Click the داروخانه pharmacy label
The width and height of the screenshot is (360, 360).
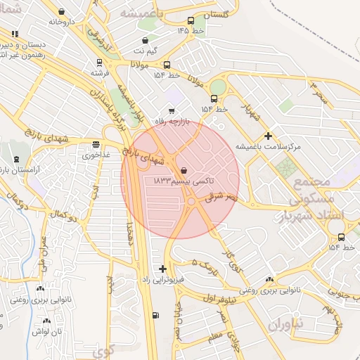(x=61, y=22)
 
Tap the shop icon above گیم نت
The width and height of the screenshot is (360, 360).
(x=146, y=40)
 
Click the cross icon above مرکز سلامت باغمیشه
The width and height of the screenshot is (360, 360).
(x=267, y=136)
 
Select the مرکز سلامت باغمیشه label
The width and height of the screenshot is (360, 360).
(x=267, y=146)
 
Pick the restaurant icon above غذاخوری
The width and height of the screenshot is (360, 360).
(x=95, y=146)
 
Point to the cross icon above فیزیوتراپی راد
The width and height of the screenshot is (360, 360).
(x=163, y=269)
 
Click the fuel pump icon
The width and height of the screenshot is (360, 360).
(x=155, y=315)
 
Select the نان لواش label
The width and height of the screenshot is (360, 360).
(x=51, y=330)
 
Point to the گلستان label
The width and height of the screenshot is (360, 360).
(x=216, y=15)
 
